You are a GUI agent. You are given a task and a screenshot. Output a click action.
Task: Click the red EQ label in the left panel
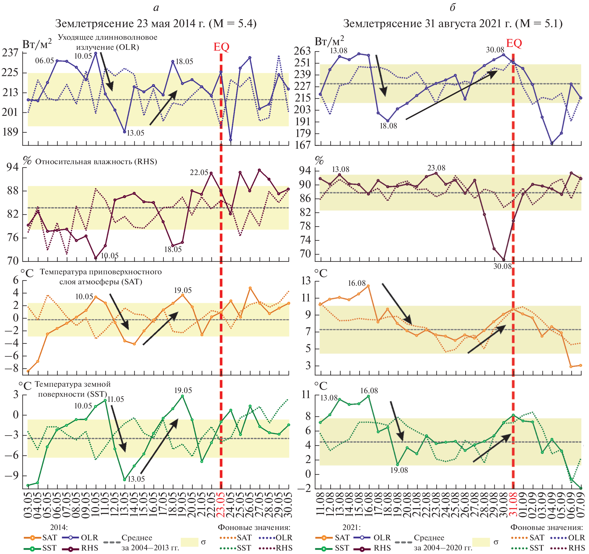coord(221,47)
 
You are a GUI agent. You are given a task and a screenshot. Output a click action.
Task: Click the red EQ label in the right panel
coord(514,43)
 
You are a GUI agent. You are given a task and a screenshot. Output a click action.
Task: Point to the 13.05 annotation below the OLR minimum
coord(135,133)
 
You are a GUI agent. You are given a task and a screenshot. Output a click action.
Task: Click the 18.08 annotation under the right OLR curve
coord(388,126)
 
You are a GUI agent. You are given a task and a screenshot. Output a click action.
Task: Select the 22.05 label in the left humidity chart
coord(199,172)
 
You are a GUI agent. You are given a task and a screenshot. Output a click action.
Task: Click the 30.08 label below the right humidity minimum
coord(502,266)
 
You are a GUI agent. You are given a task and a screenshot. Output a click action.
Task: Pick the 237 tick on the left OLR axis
coord(10,53)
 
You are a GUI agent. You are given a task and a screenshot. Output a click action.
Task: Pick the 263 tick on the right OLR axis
coord(302,51)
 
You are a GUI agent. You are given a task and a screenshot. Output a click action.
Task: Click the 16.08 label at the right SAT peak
coord(357,283)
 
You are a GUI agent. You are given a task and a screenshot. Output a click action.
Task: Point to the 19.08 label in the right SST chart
coord(399,470)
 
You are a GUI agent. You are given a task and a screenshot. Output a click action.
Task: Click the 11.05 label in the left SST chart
coord(115,399)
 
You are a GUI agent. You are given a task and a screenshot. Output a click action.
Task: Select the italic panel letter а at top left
coord(156,8)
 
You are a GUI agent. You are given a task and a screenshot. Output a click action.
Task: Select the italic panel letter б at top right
coord(452,8)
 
